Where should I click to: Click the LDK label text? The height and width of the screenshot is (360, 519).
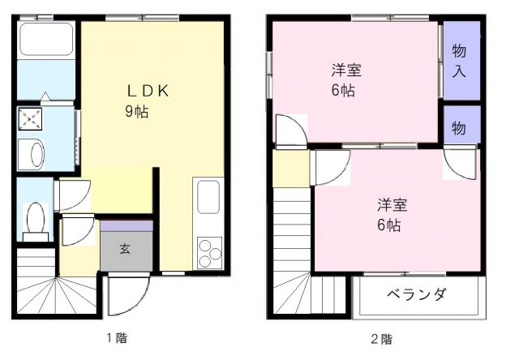click(146, 91)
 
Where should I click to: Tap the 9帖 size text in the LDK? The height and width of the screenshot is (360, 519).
click(135, 113)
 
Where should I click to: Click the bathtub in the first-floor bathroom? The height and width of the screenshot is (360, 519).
click(46, 39)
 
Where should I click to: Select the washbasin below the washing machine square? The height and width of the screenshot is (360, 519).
click(35, 154)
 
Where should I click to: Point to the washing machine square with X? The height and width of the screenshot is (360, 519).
click(31, 120)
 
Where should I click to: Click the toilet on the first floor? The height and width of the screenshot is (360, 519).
click(35, 217)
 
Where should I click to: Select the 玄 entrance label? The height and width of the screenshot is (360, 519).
click(126, 249)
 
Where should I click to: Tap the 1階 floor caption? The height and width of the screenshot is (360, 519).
click(115, 338)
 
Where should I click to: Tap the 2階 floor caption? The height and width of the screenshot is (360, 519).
click(381, 338)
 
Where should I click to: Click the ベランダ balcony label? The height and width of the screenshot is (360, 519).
click(416, 294)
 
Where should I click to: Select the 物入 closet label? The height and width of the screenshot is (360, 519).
click(459, 60)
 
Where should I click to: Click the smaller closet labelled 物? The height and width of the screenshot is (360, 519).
click(459, 127)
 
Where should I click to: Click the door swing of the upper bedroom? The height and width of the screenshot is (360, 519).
click(290, 130)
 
